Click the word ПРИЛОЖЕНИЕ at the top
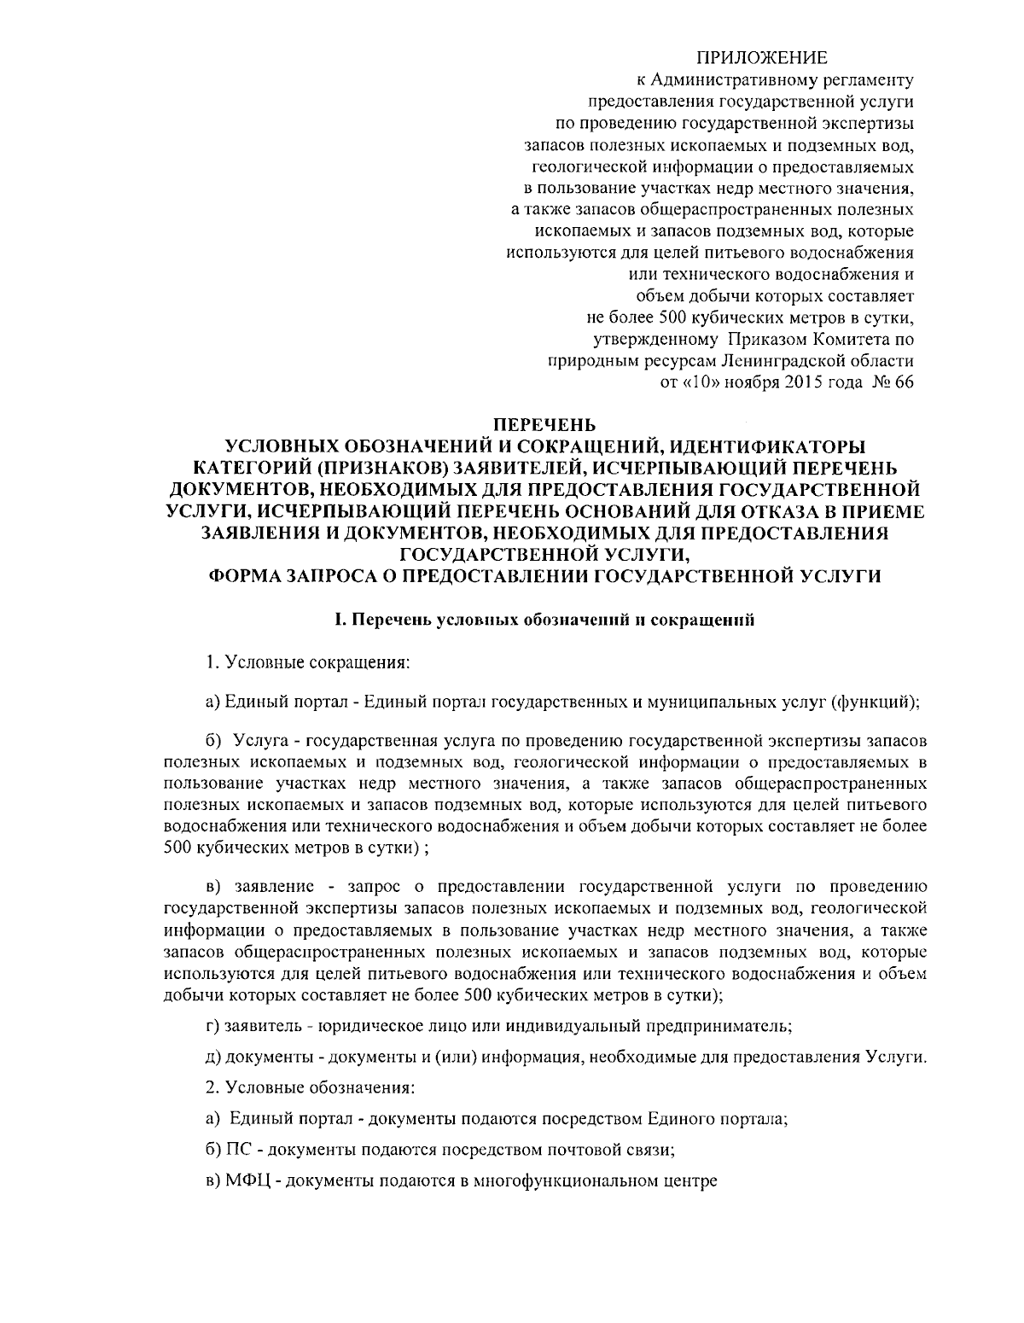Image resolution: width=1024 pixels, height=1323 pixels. [763, 58]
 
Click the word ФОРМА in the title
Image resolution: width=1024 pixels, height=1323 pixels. [251, 577]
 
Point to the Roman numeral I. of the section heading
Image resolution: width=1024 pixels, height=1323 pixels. [339, 621]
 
